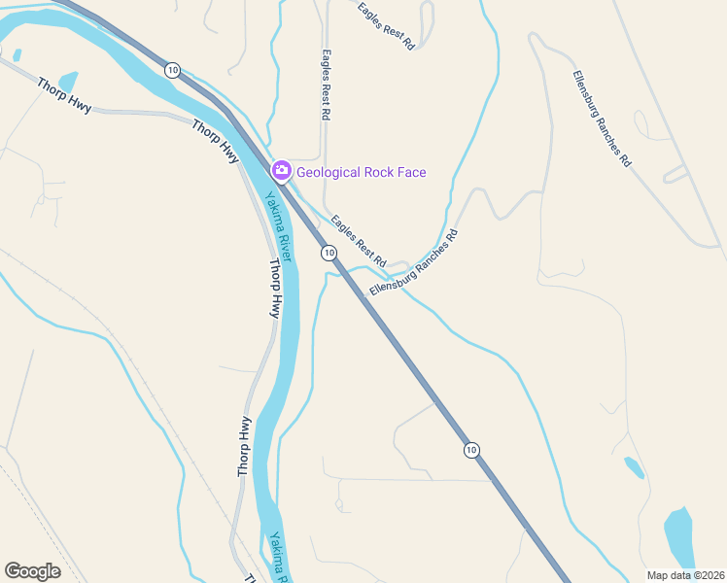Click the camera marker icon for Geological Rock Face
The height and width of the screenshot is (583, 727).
pyautogui.click(x=282, y=172)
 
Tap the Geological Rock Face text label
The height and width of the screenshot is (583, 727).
pyautogui.click(x=362, y=173)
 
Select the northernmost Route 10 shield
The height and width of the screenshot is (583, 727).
pyautogui.click(x=172, y=69)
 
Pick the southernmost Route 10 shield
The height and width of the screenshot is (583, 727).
pyautogui.click(x=471, y=449)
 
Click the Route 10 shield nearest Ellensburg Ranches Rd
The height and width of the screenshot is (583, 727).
pyautogui.click(x=329, y=253)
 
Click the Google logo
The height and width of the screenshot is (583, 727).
pyautogui.click(x=32, y=571)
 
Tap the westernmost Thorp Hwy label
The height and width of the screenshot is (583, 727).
pyautogui.click(x=64, y=95)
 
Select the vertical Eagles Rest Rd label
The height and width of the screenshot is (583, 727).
pyautogui.click(x=326, y=86)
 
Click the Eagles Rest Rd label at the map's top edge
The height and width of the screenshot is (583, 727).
pyautogui.click(x=386, y=25)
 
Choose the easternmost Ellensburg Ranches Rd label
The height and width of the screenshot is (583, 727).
pyautogui.click(x=602, y=120)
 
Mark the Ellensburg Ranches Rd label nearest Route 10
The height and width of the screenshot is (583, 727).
pyautogui.click(x=413, y=263)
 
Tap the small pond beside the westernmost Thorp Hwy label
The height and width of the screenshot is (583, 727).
pyautogui.click(x=68, y=81)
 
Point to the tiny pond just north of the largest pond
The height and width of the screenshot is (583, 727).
pyautogui.click(x=634, y=467)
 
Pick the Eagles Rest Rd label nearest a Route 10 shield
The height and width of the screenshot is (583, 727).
pyautogui.click(x=359, y=242)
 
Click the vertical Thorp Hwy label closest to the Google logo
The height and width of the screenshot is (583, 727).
pyautogui.click(x=245, y=446)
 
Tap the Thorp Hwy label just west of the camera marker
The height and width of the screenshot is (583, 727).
pyautogui.click(x=216, y=141)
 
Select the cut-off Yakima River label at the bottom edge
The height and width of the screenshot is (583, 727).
pyautogui.click(x=281, y=558)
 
